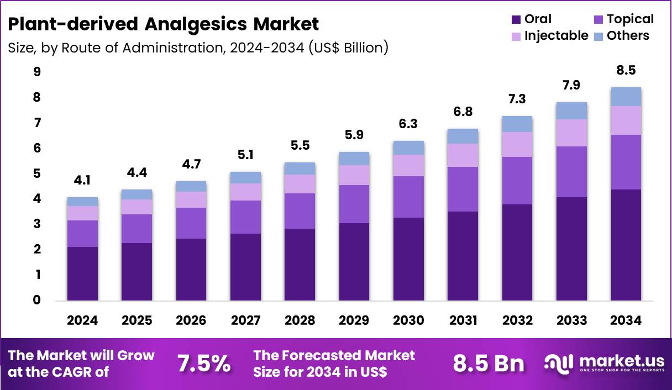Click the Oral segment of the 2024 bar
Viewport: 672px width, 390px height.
pyautogui.click(x=82, y=273)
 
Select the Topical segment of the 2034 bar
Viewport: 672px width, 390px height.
pyautogui.click(x=626, y=162)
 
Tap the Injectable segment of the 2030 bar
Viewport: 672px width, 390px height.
pyautogui.click(x=408, y=165)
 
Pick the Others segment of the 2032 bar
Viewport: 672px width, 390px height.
pyautogui.click(x=517, y=124)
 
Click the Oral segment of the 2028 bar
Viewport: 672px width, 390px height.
pyautogui.click(x=300, y=265)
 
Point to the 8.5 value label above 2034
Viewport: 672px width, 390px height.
pyautogui.click(x=626, y=70)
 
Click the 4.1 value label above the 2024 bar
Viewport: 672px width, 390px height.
pyautogui.click(x=82, y=180)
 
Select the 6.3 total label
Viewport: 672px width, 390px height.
pyautogui.click(x=408, y=124)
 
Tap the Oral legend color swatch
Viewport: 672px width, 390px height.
pyautogui.click(x=516, y=19)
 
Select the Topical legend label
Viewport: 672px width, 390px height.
pyautogui.click(x=630, y=19)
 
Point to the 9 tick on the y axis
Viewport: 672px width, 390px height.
pyautogui.click(x=36, y=72)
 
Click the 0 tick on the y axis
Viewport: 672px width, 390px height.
pyautogui.click(x=36, y=301)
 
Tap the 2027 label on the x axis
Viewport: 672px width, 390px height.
pyautogui.click(x=245, y=321)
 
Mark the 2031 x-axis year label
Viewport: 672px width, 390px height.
pyautogui.click(x=463, y=321)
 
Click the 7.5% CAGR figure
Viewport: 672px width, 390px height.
pyautogui.click(x=203, y=363)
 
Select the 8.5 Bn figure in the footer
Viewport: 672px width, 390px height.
pyautogui.click(x=488, y=363)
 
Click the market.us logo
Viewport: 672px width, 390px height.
pyautogui.click(x=605, y=363)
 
